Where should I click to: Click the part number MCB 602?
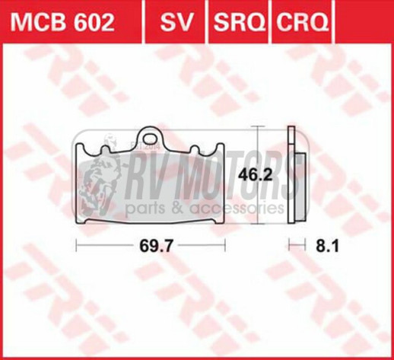(x=62, y=23)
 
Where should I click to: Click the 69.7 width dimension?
(x=152, y=246)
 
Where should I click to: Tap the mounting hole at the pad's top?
(x=152, y=131)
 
